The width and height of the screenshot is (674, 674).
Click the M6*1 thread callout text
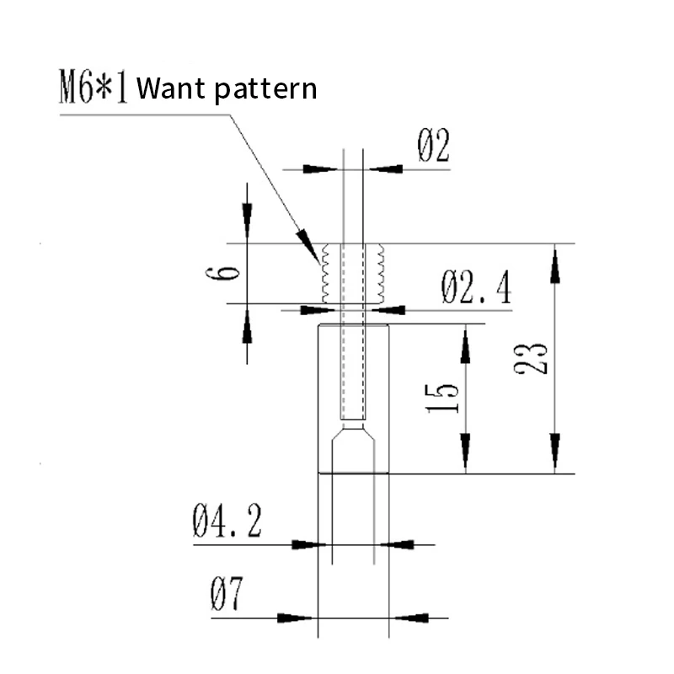[x=94, y=87]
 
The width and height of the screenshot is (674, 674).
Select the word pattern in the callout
[x=265, y=90]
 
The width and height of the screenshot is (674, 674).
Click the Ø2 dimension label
[x=433, y=145]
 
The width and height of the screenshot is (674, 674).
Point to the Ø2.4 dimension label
[x=476, y=287]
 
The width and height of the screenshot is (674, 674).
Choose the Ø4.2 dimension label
[x=227, y=521]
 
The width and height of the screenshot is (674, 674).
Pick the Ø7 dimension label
[x=227, y=594]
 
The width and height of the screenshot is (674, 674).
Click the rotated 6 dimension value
[x=222, y=273]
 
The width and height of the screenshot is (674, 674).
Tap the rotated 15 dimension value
[x=441, y=399]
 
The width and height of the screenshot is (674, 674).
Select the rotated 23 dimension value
[x=531, y=359]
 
